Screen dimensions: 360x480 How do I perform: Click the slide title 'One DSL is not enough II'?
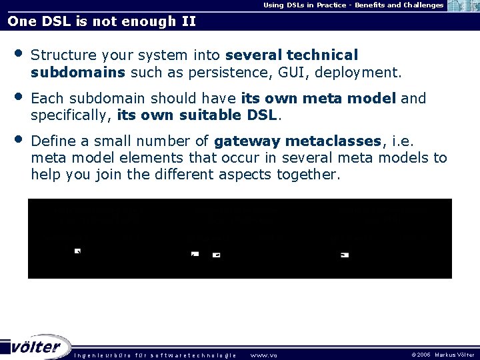[101, 21]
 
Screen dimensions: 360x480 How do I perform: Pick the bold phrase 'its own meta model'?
[319, 99]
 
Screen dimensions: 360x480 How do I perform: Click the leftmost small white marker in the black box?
[77, 251]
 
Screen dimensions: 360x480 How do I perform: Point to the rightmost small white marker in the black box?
[345, 255]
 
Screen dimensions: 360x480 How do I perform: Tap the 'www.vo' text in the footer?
[263, 355]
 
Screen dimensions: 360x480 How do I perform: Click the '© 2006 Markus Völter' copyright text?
[443, 355]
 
